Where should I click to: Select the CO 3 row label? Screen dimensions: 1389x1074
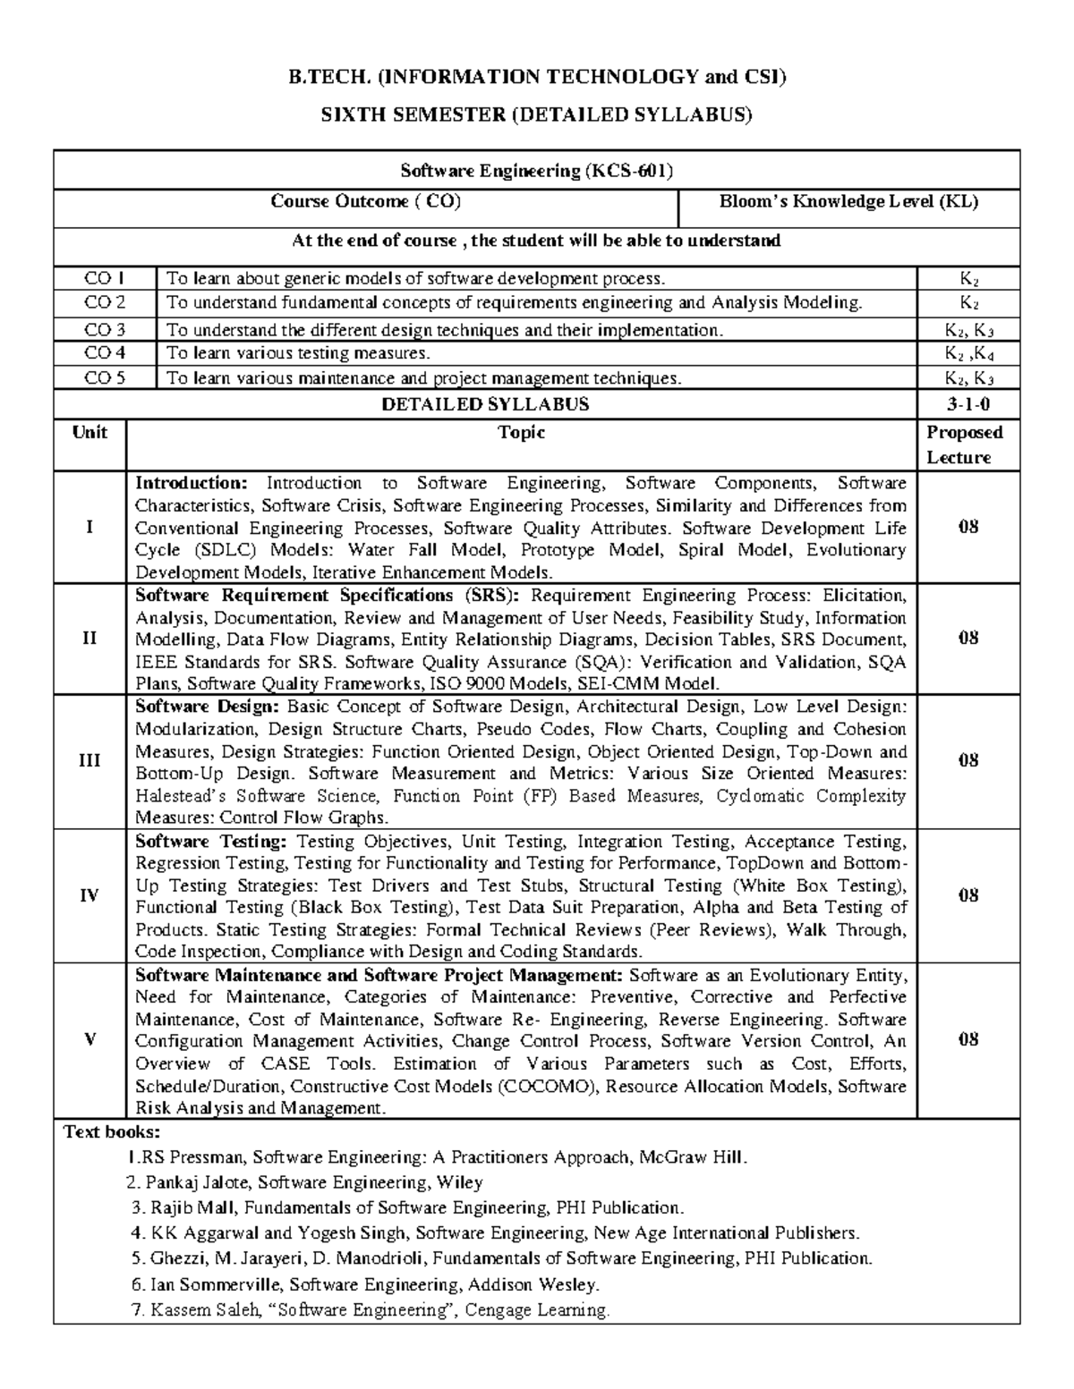tap(105, 329)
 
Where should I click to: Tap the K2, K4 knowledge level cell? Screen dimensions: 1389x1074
tap(968, 354)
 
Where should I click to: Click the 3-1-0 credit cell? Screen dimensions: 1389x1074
tap(968, 404)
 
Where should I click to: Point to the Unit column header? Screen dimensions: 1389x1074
tap(89, 433)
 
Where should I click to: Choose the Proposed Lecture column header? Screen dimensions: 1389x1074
tap(964, 445)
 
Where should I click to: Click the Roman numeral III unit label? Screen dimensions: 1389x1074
tap(89, 761)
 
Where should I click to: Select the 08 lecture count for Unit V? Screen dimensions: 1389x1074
tap(968, 1039)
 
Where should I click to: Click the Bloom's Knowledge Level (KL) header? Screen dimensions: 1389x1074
tap(848, 202)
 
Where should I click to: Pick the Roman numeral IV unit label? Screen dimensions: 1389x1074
tap(89, 896)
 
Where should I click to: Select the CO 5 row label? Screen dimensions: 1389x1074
tap(105, 378)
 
